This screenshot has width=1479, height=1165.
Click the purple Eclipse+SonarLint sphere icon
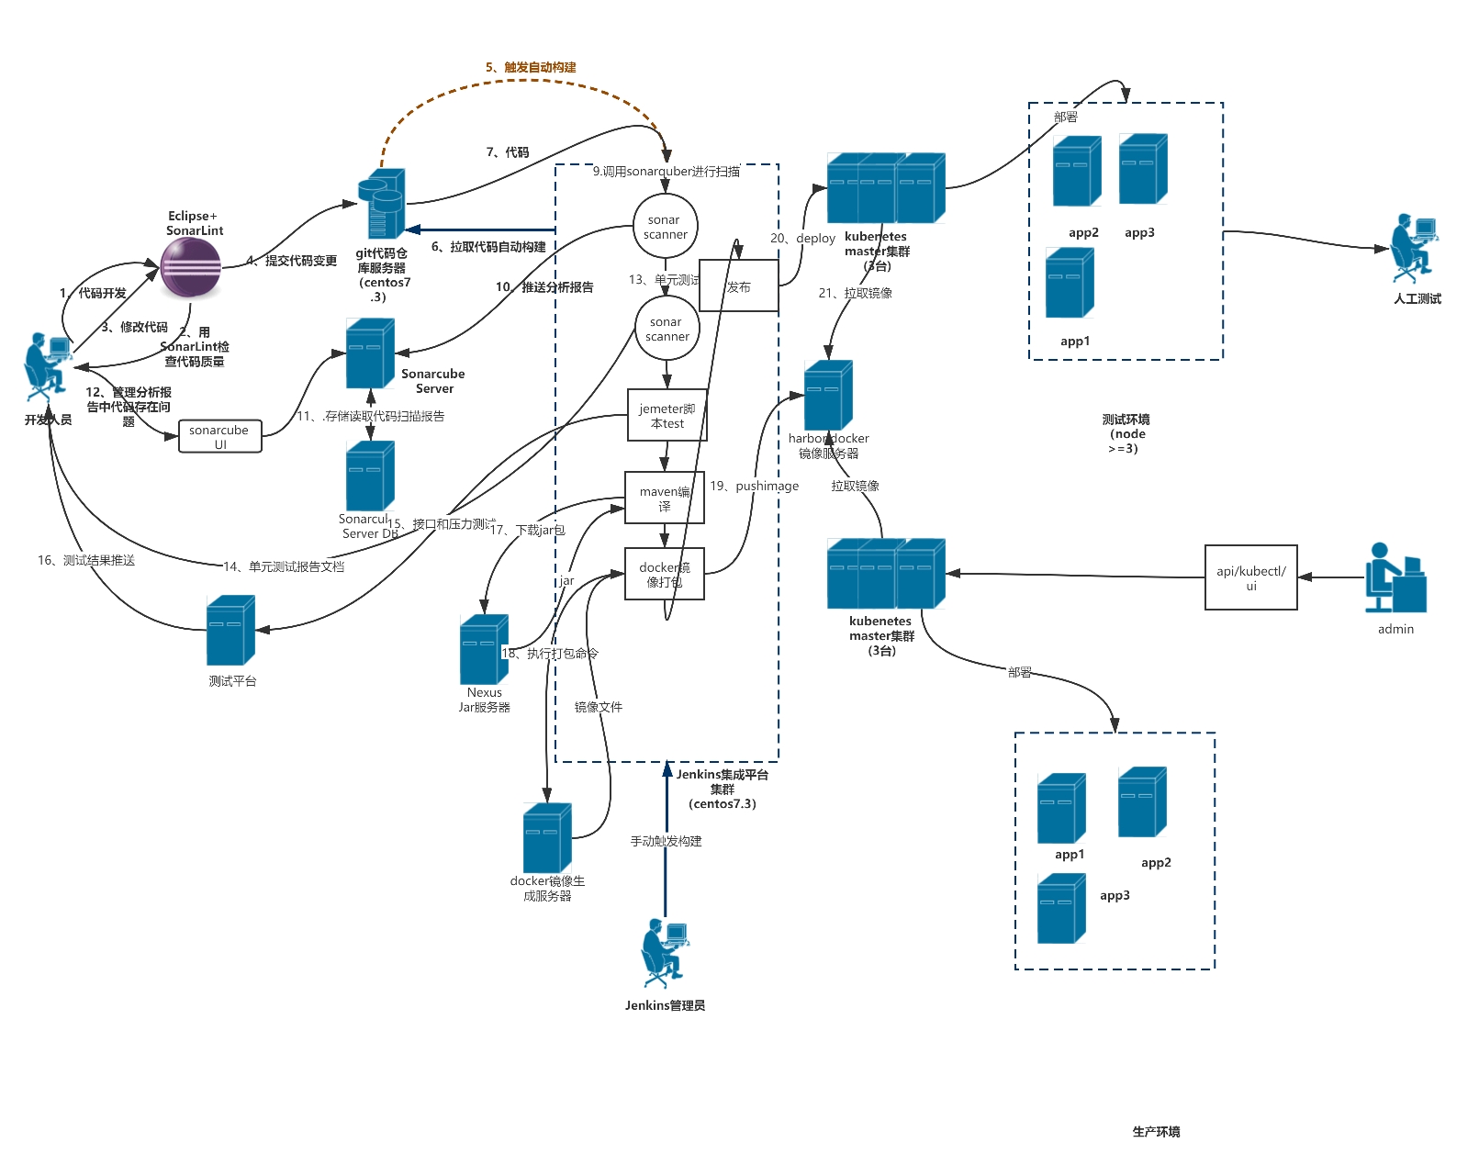click(x=191, y=267)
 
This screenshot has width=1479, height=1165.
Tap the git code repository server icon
click(x=381, y=204)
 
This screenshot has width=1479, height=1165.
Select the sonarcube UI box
click(x=219, y=437)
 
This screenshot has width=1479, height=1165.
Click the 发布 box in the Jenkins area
click(x=738, y=286)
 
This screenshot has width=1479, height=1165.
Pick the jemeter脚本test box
click(x=667, y=416)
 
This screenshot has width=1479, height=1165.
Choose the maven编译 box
click(x=664, y=498)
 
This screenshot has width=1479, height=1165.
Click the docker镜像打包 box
click(x=664, y=575)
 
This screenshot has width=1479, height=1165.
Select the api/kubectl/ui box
click(x=1250, y=577)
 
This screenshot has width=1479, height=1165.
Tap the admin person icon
click(x=1395, y=578)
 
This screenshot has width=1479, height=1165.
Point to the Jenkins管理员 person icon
click(x=664, y=952)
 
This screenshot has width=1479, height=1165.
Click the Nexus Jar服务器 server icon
click(x=484, y=649)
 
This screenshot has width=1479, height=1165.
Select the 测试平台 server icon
click(x=230, y=631)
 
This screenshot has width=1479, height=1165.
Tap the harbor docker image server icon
click(x=828, y=396)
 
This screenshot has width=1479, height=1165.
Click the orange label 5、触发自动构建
click(x=531, y=67)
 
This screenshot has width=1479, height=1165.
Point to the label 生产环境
click(x=1156, y=1132)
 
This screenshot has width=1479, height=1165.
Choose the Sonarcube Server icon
click(x=370, y=353)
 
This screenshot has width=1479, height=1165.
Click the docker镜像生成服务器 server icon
click(x=547, y=838)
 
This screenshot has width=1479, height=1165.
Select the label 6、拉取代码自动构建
click(x=488, y=247)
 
